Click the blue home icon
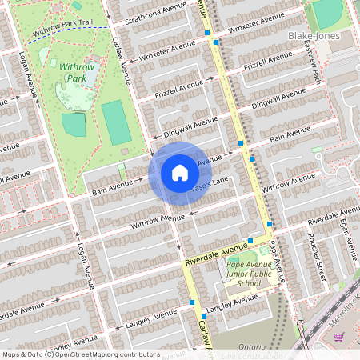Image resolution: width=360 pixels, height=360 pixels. pos(179,172)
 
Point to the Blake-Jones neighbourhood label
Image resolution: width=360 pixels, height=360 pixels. pos(316,37)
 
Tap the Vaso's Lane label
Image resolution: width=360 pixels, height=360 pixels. pos(209,188)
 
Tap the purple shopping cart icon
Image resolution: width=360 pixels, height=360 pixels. pos(338,338)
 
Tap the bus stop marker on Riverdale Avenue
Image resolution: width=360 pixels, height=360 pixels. pos(250,240)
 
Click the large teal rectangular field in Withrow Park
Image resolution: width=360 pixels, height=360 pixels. pos(116,122)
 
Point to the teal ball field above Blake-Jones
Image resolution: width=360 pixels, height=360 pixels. pos(327,11)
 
